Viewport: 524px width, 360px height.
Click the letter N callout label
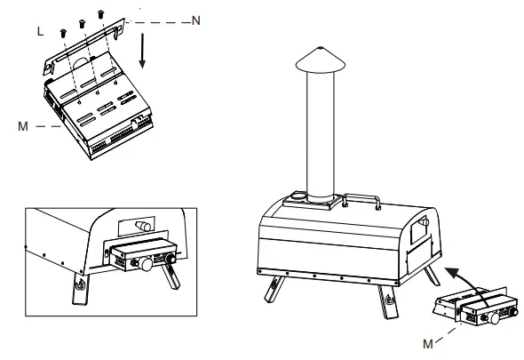point(196,20)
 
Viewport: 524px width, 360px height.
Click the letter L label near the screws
point(40,31)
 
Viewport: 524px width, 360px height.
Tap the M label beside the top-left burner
point(23,126)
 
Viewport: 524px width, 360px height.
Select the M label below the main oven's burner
point(428,344)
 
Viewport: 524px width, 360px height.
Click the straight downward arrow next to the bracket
point(142,51)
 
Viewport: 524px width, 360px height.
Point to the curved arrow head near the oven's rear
point(452,273)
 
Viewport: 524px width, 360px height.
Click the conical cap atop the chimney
point(321,60)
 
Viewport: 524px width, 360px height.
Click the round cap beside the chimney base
point(298,196)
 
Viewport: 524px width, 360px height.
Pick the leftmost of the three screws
point(63,33)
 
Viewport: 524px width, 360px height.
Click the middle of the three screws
point(83,24)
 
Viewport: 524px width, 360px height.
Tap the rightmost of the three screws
point(101,14)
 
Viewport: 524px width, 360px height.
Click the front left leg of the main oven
point(274,289)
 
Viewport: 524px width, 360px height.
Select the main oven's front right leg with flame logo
point(388,302)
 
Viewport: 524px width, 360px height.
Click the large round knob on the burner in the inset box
point(146,264)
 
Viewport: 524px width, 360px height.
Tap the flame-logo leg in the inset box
point(81,289)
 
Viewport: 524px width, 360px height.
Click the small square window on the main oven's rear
point(419,228)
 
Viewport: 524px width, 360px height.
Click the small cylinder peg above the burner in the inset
point(143,226)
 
